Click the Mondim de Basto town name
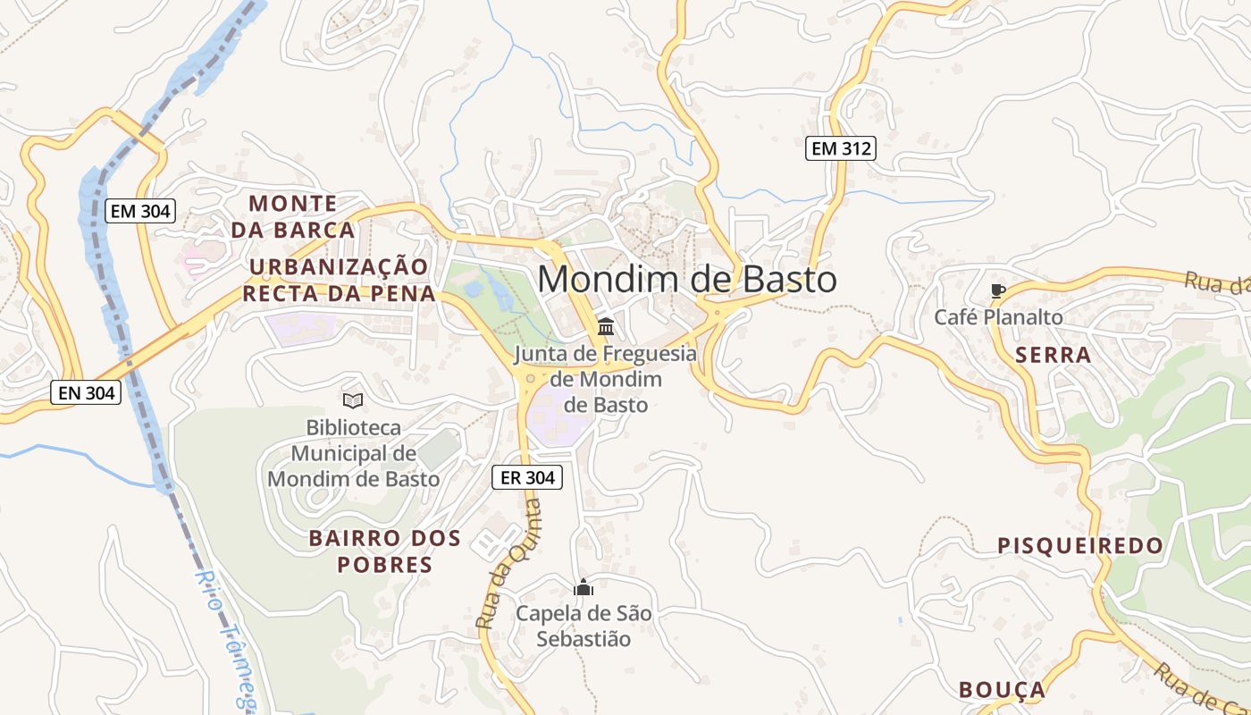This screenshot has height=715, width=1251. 686,280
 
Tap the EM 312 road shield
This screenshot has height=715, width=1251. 840,148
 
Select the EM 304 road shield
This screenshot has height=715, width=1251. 140,211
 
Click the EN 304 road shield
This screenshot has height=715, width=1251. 85,391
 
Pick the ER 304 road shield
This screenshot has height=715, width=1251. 527,477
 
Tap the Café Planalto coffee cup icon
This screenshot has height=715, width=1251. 998,290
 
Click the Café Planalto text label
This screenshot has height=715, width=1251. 998,317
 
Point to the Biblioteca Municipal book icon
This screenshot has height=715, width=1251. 353,400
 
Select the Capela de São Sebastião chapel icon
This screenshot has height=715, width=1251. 584,587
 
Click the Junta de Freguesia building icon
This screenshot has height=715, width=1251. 605,326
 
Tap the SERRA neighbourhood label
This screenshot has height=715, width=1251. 1053,355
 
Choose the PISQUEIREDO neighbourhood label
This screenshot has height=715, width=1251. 1080,545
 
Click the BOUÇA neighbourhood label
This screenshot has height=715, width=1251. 1002,689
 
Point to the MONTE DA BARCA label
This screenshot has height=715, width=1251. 293,216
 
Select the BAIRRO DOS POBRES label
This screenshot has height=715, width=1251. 385,551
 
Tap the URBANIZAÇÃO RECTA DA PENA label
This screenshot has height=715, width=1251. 340,280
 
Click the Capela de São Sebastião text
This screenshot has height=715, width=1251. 584,627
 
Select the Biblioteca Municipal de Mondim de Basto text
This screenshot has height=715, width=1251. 353,453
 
